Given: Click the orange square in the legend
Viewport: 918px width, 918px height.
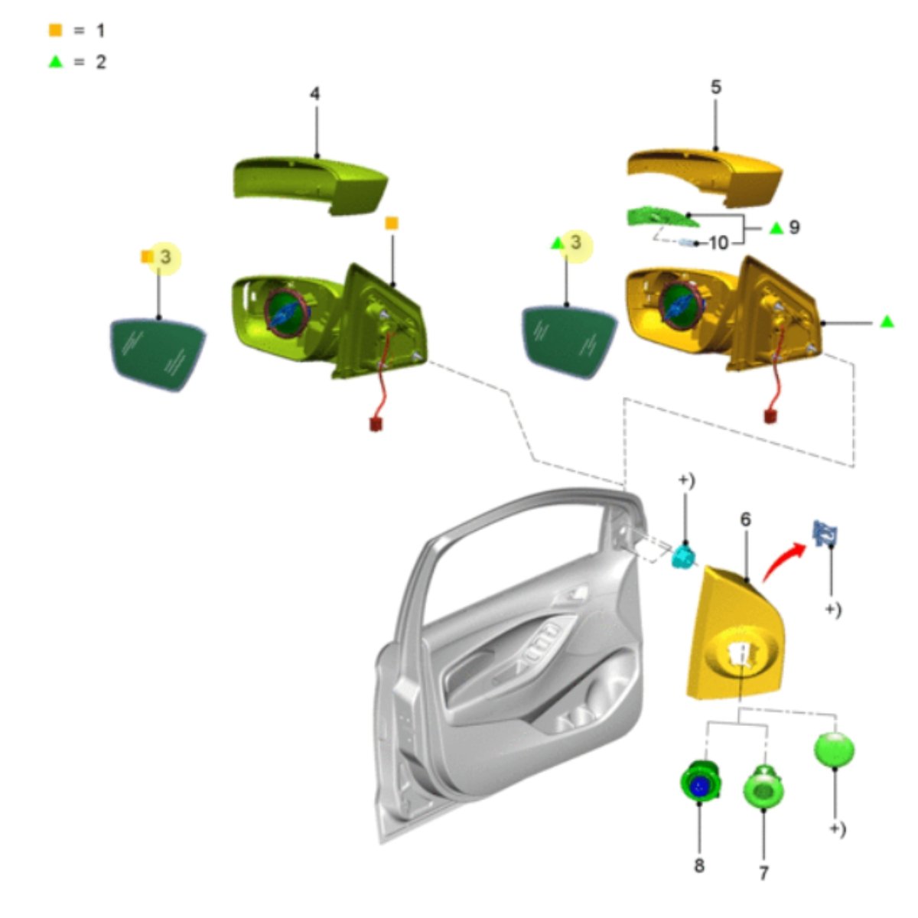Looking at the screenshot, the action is pyautogui.click(x=56, y=30).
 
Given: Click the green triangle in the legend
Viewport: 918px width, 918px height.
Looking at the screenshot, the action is pyautogui.click(x=56, y=61).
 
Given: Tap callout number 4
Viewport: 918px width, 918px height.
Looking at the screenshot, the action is pyautogui.click(x=315, y=94).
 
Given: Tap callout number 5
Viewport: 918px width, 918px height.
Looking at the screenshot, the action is pyautogui.click(x=715, y=87).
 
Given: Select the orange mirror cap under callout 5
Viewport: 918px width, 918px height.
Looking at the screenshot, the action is pyautogui.click(x=705, y=177).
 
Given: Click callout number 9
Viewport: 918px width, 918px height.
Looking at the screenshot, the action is pyautogui.click(x=794, y=227).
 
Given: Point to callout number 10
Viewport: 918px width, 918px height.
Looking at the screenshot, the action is pyautogui.click(x=719, y=243).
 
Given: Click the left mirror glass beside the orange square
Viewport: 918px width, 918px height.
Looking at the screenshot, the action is pyautogui.click(x=158, y=353).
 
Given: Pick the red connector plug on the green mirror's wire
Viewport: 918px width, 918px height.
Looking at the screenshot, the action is pyautogui.click(x=376, y=424).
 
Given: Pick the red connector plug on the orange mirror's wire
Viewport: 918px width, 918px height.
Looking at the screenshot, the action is pyautogui.click(x=770, y=416).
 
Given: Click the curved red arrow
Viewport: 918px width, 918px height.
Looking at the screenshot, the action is pyautogui.click(x=783, y=562).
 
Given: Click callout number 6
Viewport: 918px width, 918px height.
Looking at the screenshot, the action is pyautogui.click(x=746, y=519).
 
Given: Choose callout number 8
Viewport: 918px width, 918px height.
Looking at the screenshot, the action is pyautogui.click(x=699, y=866).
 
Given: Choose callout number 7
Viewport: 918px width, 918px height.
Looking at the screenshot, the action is pyautogui.click(x=763, y=873).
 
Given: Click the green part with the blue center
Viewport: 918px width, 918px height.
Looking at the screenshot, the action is pyautogui.click(x=700, y=786).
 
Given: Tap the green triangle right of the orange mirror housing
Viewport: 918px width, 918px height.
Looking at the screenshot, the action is pyautogui.click(x=887, y=322).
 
